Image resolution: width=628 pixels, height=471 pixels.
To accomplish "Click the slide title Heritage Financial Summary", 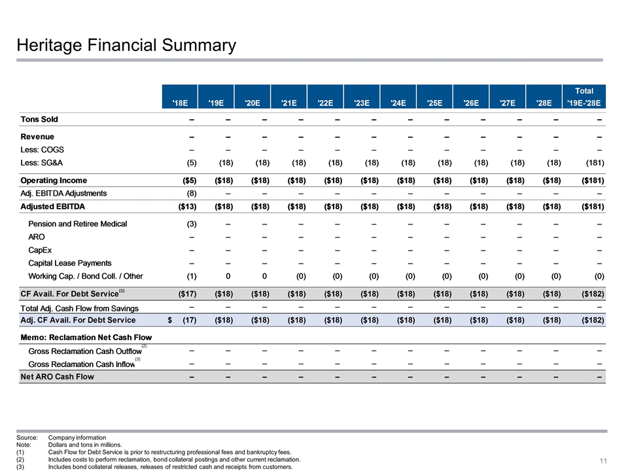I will tap(126, 45).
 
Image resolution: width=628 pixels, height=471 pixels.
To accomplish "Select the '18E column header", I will tap(180, 102).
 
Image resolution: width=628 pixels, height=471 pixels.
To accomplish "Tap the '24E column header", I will tap(396, 102).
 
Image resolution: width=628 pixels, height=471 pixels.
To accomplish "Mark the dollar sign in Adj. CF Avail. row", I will tap(170, 320).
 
